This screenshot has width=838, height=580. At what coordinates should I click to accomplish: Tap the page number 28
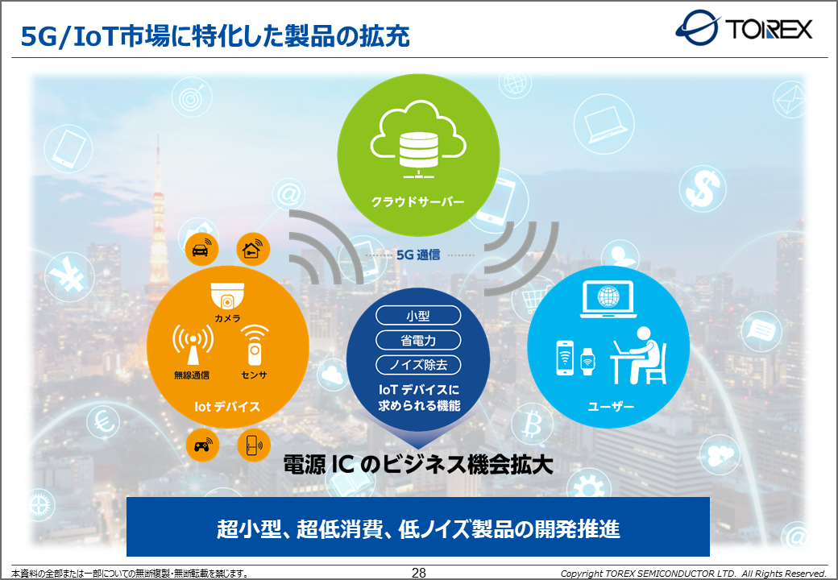[418, 573]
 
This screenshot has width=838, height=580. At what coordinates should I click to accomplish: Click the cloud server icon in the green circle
[418, 140]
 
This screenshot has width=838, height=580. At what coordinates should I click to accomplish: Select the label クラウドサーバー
[418, 202]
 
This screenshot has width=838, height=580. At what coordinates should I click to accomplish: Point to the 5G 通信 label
[418, 255]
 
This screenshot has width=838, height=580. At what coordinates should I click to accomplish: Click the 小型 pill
[418, 316]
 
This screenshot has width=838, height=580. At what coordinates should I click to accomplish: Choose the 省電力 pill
[418, 340]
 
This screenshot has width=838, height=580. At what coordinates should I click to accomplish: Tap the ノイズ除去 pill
[418, 365]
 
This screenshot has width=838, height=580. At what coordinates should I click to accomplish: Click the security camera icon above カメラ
[228, 296]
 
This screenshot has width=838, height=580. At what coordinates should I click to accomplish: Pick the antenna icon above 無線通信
[193, 346]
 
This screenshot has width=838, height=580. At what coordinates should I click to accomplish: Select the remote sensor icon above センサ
[255, 345]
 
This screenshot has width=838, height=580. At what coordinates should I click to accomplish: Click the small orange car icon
[201, 249]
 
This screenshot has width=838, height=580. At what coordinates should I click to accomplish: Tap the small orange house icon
[253, 249]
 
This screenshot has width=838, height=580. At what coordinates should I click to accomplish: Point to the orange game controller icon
[202, 445]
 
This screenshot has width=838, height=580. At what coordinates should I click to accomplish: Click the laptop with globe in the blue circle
[608, 300]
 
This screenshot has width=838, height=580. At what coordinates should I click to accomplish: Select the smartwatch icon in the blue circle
[588, 362]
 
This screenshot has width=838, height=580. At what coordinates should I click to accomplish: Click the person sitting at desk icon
[639, 356]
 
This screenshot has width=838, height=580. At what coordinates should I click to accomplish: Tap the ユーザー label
[611, 407]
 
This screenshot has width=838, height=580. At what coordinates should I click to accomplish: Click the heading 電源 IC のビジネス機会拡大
[418, 465]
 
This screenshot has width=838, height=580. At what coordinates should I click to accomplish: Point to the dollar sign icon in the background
[703, 188]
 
